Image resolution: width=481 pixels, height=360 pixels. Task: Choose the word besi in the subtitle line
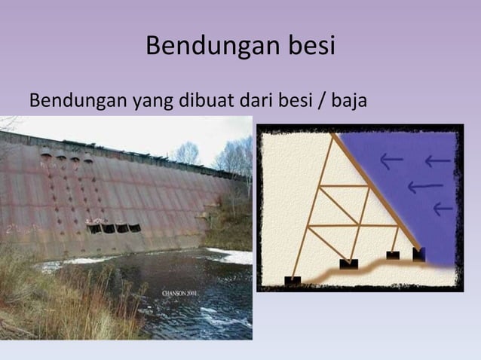(x=298, y=100)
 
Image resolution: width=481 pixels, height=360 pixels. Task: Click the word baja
(x=349, y=101)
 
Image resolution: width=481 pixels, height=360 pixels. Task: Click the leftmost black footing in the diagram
(x=292, y=280)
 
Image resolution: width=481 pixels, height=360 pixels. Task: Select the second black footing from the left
(x=348, y=264)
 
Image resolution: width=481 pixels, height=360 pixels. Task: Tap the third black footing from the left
(x=393, y=255)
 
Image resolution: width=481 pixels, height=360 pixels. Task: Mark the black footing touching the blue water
(x=418, y=254)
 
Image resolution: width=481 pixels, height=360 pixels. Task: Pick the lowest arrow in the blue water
(x=443, y=207)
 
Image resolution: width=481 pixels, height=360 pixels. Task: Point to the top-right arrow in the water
(x=438, y=160)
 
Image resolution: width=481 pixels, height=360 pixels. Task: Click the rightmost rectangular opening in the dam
(x=133, y=227)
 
